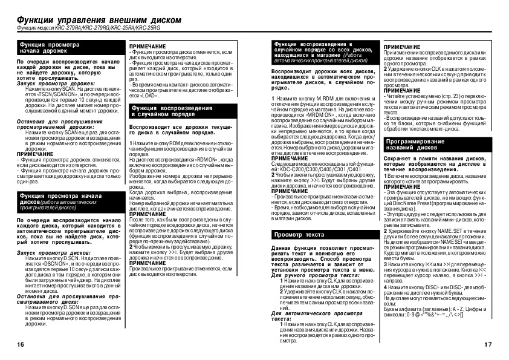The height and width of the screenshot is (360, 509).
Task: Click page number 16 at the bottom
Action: [20, 344]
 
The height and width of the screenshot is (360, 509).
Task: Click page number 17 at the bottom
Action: [488, 344]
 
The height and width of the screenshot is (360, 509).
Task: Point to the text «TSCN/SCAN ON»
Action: [57, 95]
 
